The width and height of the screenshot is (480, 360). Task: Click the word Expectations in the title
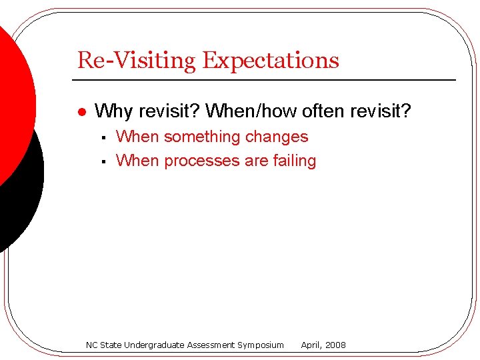click(271, 61)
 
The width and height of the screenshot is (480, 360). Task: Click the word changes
click(277, 137)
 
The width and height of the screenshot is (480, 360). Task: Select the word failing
click(293, 161)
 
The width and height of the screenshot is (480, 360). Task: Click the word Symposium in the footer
click(261, 345)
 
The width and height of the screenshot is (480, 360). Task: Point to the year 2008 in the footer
click(335, 345)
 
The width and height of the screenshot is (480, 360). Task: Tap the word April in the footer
click(311, 345)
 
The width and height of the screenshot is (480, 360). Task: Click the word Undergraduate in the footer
click(153, 345)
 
